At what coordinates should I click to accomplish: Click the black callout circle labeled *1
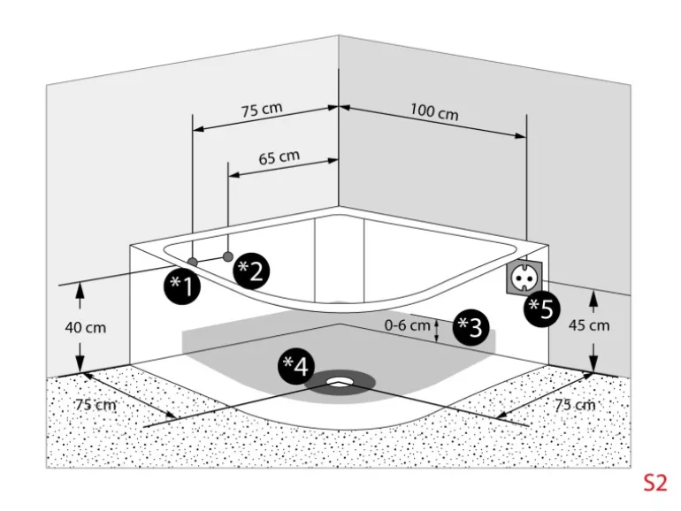(x=183, y=285)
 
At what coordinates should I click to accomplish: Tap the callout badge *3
(x=470, y=327)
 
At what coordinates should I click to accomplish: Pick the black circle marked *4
(x=296, y=365)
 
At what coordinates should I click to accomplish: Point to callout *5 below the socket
(x=540, y=309)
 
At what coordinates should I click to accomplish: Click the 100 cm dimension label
(x=434, y=112)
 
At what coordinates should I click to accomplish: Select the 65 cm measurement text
(x=279, y=157)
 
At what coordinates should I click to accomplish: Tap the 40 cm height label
(x=86, y=327)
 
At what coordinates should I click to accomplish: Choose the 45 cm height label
(x=589, y=324)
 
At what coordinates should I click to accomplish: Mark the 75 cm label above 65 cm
(x=262, y=110)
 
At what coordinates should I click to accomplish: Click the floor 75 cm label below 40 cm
(x=96, y=404)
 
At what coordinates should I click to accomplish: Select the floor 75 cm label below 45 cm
(x=574, y=404)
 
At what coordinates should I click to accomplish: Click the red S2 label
(x=654, y=483)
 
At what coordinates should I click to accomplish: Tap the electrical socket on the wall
(x=524, y=275)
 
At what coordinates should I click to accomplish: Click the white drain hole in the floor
(x=340, y=383)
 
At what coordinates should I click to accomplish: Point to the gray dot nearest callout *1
(x=192, y=262)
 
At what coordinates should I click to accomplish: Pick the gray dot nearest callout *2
(x=228, y=255)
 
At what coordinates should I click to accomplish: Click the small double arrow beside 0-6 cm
(x=438, y=329)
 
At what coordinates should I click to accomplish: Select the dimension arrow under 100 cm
(x=434, y=123)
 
